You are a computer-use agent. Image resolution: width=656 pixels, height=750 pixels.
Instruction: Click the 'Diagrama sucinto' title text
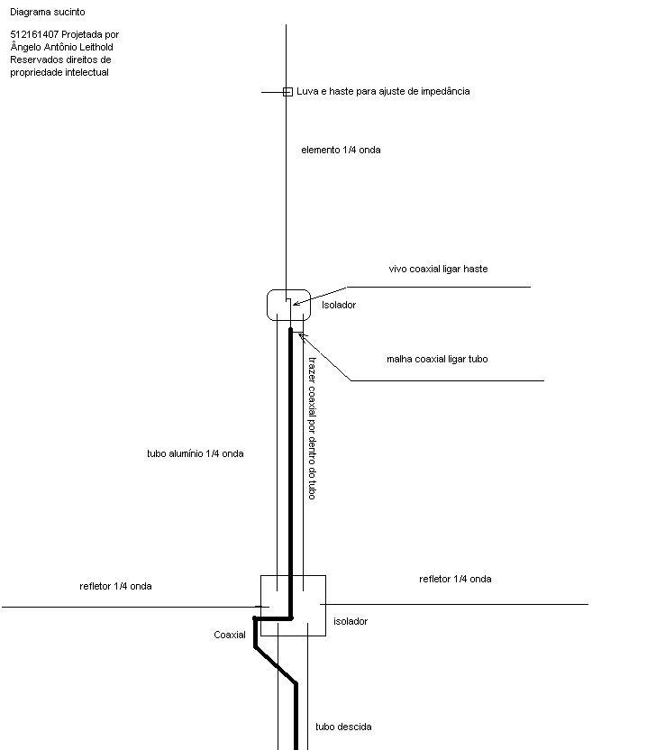[x=48, y=12]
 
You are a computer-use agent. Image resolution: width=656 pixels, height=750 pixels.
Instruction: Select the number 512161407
[x=34, y=34]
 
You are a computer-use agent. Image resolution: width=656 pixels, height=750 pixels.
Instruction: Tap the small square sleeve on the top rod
[x=287, y=92]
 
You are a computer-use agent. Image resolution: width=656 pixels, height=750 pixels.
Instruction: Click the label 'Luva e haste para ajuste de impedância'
[x=383, y=91]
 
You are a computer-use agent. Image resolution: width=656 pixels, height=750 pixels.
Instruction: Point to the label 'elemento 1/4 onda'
[x=341, y=150]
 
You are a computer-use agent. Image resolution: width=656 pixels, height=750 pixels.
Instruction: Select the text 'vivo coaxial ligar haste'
[x=438, y=269]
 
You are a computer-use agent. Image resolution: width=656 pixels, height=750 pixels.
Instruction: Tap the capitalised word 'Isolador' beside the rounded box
[x=339, y=305]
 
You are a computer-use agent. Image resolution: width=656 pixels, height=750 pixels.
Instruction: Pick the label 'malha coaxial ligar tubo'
[x=437, y=359]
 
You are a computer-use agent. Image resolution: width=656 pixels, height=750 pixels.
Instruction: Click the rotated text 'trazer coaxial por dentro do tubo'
[x=312, y=428]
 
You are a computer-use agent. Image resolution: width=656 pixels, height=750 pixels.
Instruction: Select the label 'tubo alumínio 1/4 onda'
[x=195, y=453]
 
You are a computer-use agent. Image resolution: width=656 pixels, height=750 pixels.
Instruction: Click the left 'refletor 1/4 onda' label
[x=115, y=586]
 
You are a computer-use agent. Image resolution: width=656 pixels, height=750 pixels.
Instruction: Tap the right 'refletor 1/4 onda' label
[x=455, y=579]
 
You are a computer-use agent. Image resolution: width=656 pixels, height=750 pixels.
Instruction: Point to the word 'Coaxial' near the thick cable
[x=230, y=635]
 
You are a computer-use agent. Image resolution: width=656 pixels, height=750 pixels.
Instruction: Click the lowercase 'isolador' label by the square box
[x=351, y=621]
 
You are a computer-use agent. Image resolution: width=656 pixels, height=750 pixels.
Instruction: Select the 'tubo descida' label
[x=343, y=727]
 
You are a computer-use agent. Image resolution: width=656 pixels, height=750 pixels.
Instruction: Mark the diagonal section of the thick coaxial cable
[x=276, y=665]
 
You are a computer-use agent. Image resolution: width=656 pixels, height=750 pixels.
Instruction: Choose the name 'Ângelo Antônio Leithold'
[x=61, y=47]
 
